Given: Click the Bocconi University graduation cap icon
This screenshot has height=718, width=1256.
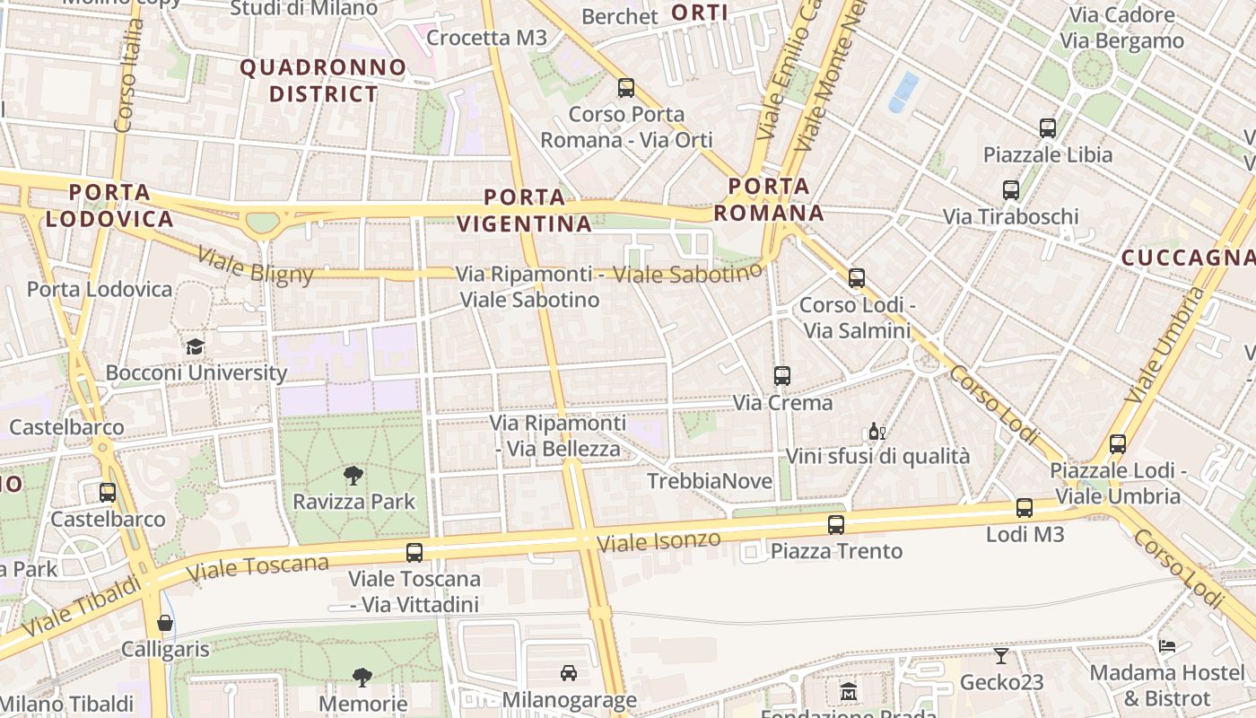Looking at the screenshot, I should point(195,346).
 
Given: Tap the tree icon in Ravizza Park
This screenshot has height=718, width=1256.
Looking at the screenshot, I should point(353,476).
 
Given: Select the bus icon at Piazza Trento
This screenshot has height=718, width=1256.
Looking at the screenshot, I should point(836,524).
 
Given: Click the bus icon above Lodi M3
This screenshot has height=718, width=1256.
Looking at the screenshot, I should point(1025,508).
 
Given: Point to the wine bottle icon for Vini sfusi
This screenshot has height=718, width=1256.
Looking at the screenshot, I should point(877,432).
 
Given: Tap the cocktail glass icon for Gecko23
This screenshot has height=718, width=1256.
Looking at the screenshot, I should point(1001,656).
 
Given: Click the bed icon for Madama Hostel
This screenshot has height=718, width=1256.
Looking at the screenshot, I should point(1166,646).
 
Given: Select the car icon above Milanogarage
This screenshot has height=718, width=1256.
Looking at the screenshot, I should point(569,673).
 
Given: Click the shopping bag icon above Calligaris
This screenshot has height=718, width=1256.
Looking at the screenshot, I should point(164,623).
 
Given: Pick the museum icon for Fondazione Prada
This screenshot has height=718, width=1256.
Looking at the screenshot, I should point(849,691).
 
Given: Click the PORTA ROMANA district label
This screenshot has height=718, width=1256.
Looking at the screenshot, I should point(770,199).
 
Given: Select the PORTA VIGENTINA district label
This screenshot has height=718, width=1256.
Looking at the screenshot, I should point(525,210).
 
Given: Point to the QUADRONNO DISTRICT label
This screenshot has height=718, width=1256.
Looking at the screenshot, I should point(323,80).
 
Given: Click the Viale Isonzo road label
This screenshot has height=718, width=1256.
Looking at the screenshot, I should point(659,540).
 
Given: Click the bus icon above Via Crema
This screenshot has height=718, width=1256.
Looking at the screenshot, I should point(782,376).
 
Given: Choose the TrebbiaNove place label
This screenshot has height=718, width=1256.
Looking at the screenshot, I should point(710,481).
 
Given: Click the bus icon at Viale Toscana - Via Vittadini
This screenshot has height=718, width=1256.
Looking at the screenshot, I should point(414,553).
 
